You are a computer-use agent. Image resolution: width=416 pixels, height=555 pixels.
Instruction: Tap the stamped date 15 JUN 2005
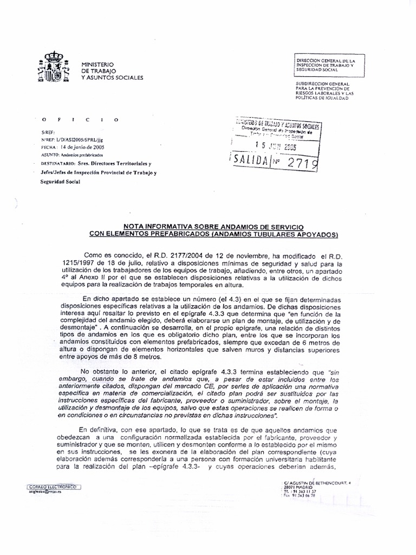(x=276, y=146)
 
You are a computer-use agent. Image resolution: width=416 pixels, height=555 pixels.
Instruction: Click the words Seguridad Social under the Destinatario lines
(x=60, y=182)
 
